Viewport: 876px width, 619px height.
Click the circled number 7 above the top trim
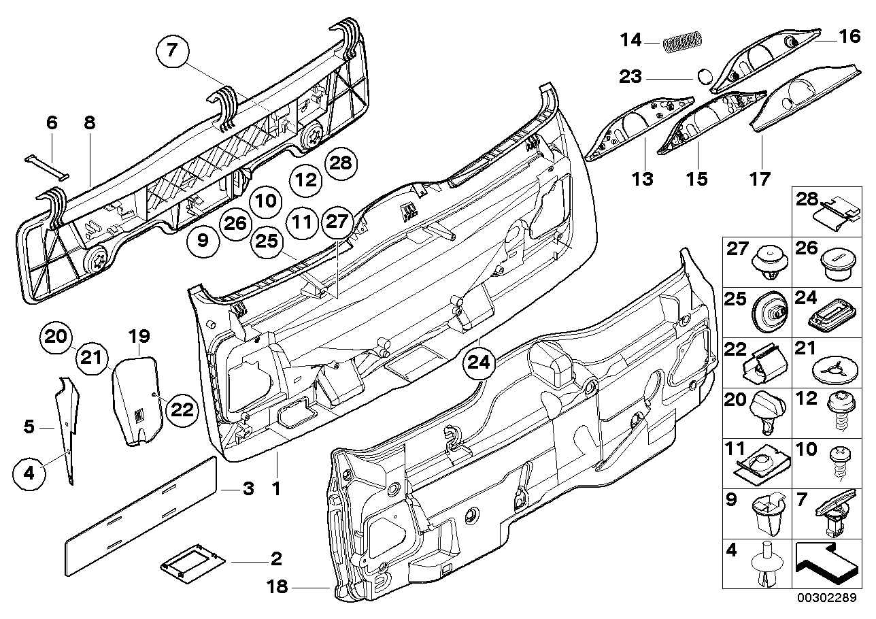[171, 50]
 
